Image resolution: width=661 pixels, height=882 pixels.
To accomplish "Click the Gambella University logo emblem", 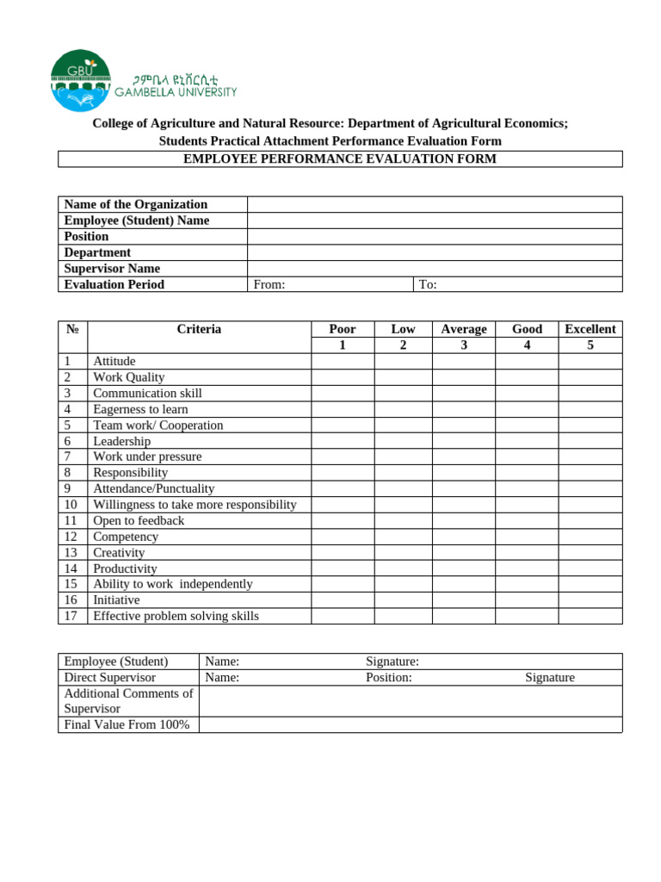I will click(81, 80).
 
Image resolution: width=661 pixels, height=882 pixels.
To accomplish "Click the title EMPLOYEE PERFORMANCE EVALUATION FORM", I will click(340, 159).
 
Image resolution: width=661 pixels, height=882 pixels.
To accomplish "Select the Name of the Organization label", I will click(136, 204).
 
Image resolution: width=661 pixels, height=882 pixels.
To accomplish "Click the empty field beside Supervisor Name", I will click(435, 269).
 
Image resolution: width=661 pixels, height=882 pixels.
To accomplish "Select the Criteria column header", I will click(199, 329).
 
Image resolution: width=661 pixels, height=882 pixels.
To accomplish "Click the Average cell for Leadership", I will click(463, 441).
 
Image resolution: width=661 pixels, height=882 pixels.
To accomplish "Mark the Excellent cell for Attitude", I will click(590, 362).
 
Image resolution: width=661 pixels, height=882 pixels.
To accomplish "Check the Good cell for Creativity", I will click(527, 552).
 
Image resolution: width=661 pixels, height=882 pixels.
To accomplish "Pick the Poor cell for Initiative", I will click(342, 599).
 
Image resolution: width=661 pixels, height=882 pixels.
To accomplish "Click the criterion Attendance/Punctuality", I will click(154, 488).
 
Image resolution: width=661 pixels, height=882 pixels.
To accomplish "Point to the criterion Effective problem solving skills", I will click(176, 616).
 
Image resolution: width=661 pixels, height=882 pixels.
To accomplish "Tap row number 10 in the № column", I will click(71, 505).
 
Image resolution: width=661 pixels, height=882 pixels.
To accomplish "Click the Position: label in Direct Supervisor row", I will click(388, 677).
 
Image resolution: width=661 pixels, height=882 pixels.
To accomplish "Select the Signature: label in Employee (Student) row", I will click(392, 661).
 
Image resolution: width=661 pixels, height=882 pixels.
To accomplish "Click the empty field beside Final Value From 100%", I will click(410, 724).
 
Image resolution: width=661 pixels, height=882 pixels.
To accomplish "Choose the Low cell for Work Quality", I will click(403, 377).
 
